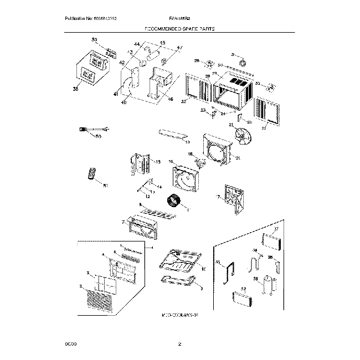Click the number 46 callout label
point(170,100)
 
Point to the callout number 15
point(158,162)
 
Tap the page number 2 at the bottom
point(180,344)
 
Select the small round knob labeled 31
point(243,65)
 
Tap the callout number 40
point(123,102)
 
